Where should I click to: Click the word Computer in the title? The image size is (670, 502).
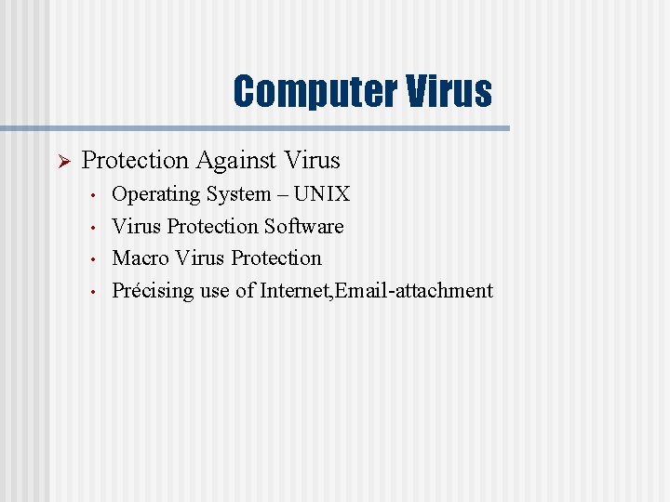point(315,92)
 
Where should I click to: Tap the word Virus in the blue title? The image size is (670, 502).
point(449,92)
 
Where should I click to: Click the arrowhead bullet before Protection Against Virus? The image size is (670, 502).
point(64,162)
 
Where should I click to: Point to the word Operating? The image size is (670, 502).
point(156,194)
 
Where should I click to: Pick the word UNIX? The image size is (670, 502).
point(322,194)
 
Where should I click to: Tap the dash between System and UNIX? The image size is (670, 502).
point(282,195)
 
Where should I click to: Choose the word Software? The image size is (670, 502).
point(304,226)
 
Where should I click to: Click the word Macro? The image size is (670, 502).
point(141,258)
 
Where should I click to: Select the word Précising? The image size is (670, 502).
point(154,290)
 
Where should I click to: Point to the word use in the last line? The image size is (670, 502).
point(215,291)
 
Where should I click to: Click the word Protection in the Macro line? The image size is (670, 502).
point(276,258)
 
